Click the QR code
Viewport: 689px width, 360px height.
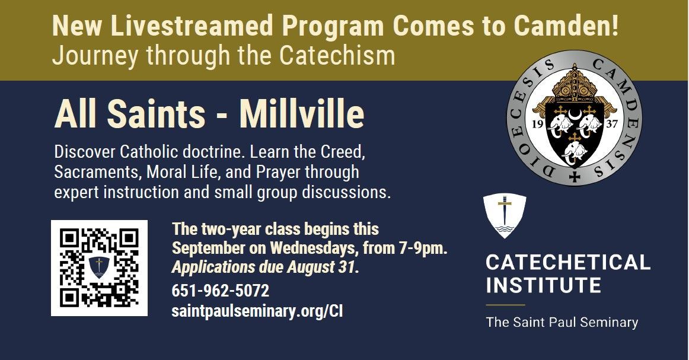(x=99, y=267)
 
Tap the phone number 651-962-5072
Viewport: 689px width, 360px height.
(x=220, y=291)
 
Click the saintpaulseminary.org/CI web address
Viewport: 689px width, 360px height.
(x=257, y=311)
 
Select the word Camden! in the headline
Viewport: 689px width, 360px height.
(x=566, y=26)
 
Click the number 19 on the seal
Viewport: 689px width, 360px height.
(x=537, y=124)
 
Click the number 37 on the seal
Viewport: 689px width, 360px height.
(x=612, y=124)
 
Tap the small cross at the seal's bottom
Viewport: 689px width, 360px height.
(x=575, y=177)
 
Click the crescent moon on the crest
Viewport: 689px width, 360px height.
(x=575, y=115)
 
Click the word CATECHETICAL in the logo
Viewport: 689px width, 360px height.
(x=567, y=262)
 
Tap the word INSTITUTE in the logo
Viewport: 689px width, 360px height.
(x=543, y=285)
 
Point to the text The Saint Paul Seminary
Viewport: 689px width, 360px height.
(x=562, y=322)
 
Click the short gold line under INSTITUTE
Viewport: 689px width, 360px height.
(x=505, y=305)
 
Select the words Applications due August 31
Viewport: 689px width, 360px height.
(x=265, y=267)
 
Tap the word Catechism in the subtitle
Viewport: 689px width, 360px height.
(x=337, y=56)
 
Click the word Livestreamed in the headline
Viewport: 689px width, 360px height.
(x=192, y=26)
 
